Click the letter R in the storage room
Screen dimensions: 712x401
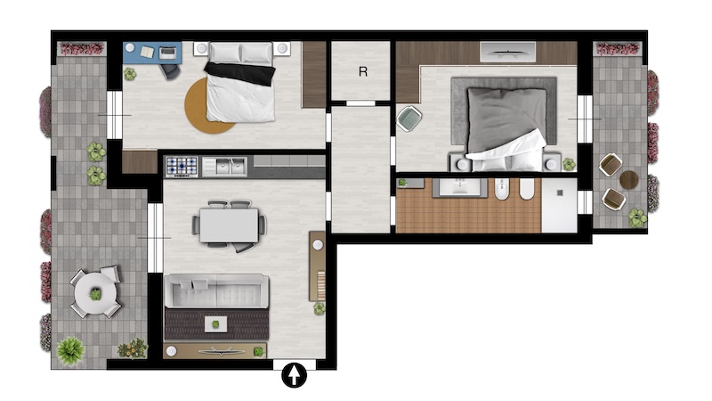pyautogui.click(x=363, y=71)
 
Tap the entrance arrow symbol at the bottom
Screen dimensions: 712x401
pyautogui.click(x=295, y=375)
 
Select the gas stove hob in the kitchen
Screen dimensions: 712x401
pyautogui.click(x=182, y=167)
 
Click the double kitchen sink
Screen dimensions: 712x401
pyautogui.click(x=224, y=167)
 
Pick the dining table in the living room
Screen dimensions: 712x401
pyautogui.click(x=230, y=225)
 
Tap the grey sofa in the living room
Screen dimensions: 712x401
pyautogui.click(x=216, y=291)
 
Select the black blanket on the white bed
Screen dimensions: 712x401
pyautogui.click(x=240, y=73)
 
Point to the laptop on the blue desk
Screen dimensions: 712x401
pyautogui.click(x=168, y=53)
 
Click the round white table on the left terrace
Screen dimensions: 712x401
pyautogui.click(x=95, y=294)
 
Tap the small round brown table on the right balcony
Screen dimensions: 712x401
pyautogui.click(x=629, y=180)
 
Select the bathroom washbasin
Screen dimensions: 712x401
pyautogui.click(x=459, y=187)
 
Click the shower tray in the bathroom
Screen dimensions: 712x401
pyautogui.click(x=560, y=205)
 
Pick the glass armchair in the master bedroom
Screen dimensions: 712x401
pyautogui.click(x=409, y=119)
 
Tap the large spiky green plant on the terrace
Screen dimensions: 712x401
pyautogui.click(x=70, y=350)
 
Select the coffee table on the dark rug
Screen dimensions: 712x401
pyautogui.click(x=215, y=324)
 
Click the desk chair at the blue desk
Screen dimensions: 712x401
pyautogui.click(x=170, y=71)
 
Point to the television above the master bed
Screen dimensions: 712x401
pyautogui.click(x=507, y=52)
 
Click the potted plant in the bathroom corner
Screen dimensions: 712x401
pyautogui.click(x=402, y=183)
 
